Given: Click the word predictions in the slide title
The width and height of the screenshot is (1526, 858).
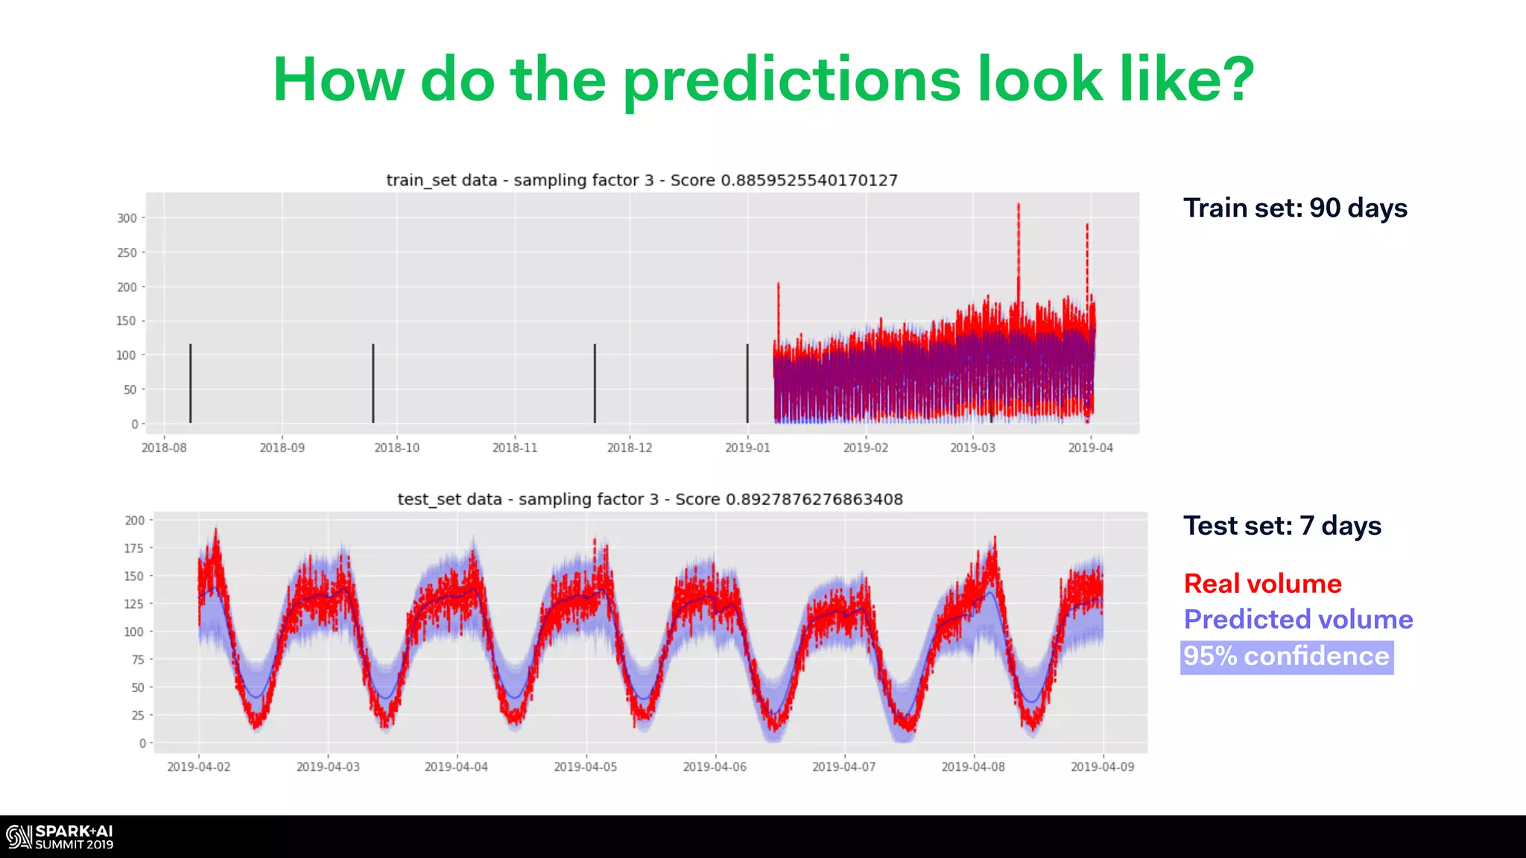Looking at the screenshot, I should point(791,80).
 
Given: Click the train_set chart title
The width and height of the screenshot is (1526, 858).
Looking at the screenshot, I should point(642,180).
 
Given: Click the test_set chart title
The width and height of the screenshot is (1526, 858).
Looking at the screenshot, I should point(650,499).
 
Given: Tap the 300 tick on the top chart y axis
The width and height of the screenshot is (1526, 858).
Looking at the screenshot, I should point(127,218).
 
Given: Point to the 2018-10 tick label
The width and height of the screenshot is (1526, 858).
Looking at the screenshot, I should point(396,448).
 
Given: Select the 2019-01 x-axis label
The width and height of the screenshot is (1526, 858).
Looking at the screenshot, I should point(747,448).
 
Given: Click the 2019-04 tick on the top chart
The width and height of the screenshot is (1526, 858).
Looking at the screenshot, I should point(1090,448).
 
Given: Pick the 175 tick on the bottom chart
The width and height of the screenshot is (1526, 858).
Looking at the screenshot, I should point(134,548).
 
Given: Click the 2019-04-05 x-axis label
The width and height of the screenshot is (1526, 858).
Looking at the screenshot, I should point(585,766).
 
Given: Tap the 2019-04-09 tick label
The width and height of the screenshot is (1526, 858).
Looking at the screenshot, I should point(1102,766).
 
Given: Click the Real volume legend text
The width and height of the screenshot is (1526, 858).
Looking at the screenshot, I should point(1262,584).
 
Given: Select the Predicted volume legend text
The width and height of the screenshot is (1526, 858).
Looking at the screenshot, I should point(1298,620).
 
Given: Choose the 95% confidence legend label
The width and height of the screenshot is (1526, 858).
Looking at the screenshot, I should point(1286,656).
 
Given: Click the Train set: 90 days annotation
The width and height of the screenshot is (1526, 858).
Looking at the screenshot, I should point(1295,208).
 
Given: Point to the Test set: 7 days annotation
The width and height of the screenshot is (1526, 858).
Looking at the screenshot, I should point(1282,526).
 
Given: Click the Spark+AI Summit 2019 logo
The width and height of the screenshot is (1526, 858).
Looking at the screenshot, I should point(60,837).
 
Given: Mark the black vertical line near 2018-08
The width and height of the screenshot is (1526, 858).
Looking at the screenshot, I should point(191,384).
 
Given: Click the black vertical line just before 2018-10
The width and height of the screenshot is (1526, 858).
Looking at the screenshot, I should point(373,384).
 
